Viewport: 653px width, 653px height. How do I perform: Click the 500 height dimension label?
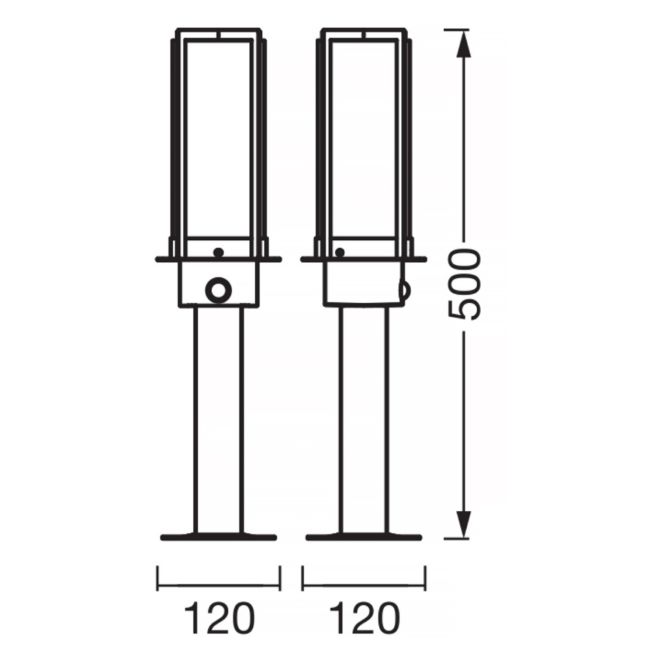click(x=464, y=284)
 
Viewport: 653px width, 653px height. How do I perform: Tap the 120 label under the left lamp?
click(x=219, y=618)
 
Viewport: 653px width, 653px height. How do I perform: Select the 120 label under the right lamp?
click(x=364, y=618)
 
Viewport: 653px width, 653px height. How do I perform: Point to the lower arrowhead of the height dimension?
click(x=464, y=524)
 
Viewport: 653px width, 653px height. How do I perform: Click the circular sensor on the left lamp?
click(x=219, y=290)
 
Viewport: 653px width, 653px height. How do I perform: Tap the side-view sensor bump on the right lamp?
click(x=405, y=290)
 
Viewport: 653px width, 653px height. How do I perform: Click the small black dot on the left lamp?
click(x=219, y=252)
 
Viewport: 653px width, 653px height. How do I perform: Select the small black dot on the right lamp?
click(x=340, y=252)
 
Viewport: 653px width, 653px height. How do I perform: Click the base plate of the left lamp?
click(x=219, y=537)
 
